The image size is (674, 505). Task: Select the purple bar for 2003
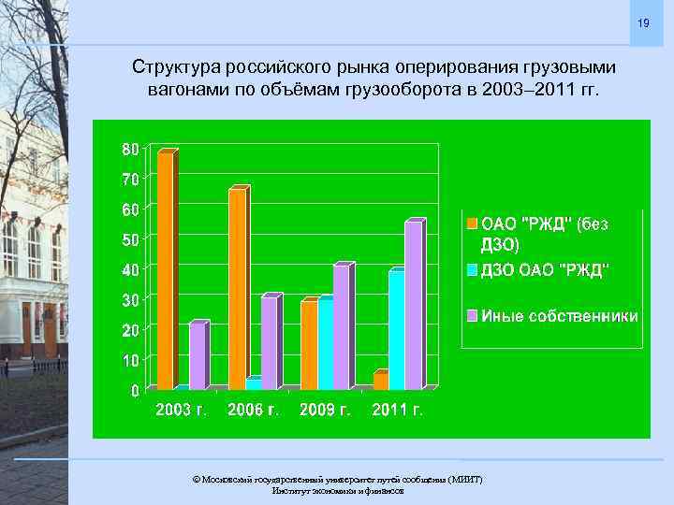click(197, 355)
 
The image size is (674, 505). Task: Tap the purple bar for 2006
click(269, 342)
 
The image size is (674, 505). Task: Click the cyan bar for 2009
click(325, 343)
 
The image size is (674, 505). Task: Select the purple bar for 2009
click(341, 326)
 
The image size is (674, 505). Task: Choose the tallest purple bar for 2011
click(413, 305)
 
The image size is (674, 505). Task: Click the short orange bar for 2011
click(379, 381)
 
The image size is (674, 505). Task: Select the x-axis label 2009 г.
click(325, 410)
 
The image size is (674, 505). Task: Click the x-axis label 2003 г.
click(181, 410)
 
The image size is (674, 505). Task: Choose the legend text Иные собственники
click(560, 316)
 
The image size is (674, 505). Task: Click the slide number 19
click(643, 22)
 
